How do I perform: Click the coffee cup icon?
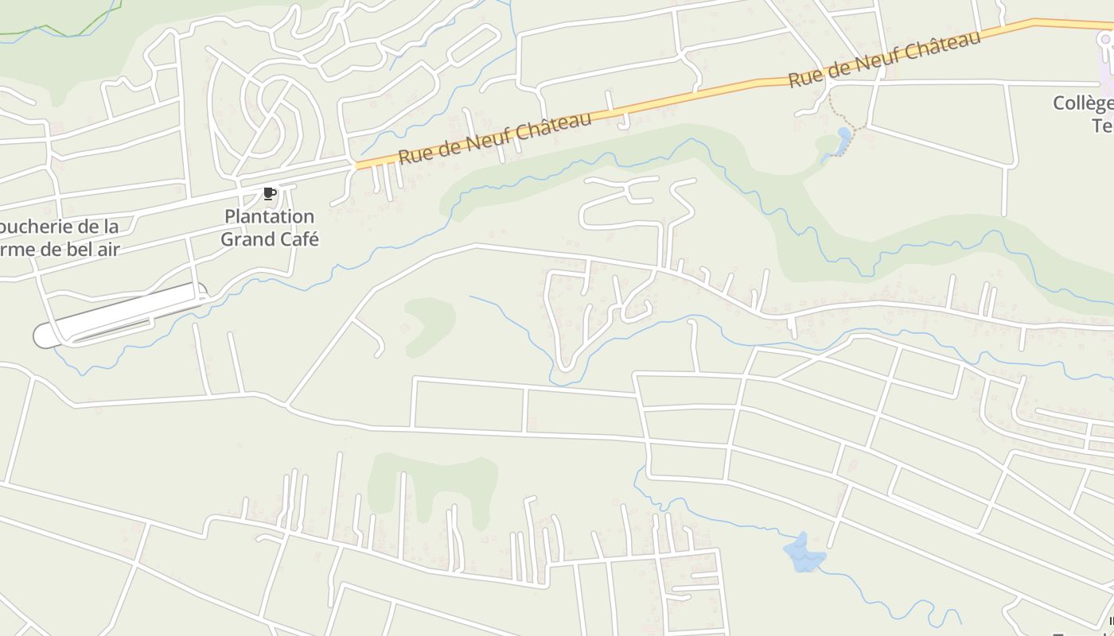(270, 193)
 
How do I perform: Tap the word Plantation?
(269, 216)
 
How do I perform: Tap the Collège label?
(1082, 103)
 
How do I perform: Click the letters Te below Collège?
(1102, 126)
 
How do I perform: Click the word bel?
(72, 249)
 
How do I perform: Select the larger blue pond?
(804, 553)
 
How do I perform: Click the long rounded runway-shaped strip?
(119, 315)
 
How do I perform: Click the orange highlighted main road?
(716, 91)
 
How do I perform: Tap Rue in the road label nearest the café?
(413, 154)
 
